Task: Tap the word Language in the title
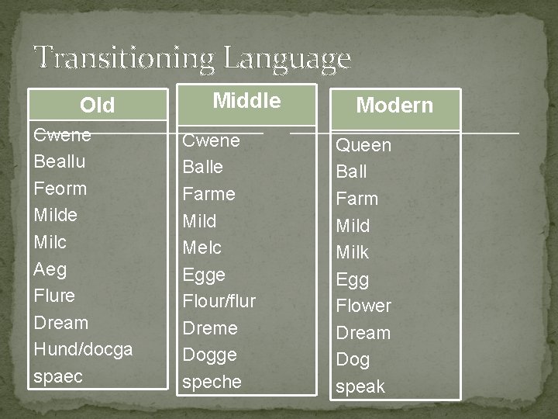pyautogui.click(x=286, y=59)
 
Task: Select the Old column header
pyautogui.click(x=98, y=105)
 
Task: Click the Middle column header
pyautogui.click(x=246, y=100)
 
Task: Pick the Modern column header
pyautogui.click(x=394, y=106)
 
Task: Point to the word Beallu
pyautogui.click(x=60, y=161)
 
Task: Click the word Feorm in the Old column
pyautogui.click(x=60, y=189)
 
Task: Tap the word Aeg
pyautogui.click(x=50, y=269)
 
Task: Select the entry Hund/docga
pyautogui.click(x=83, y=349)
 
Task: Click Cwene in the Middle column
pyautogui.click(x=211, y=140)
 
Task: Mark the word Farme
pyautogui.click(x=208, y=194)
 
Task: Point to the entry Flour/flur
pyautogui.click(x=219, y=301)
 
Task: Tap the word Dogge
pyautogui.click(x=209, y=355)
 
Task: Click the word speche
pyautogui.click(x=212, y=382)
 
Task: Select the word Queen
pyautogui.click(x=363, y=145)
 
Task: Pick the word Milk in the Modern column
pyautogui.click(x=352, y=252)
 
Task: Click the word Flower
pyautogui.click(x=363, y=306)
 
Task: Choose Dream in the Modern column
pyautogui.click(x=363, y=333)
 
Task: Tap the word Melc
pyautogui.click(x=201, y=248)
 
